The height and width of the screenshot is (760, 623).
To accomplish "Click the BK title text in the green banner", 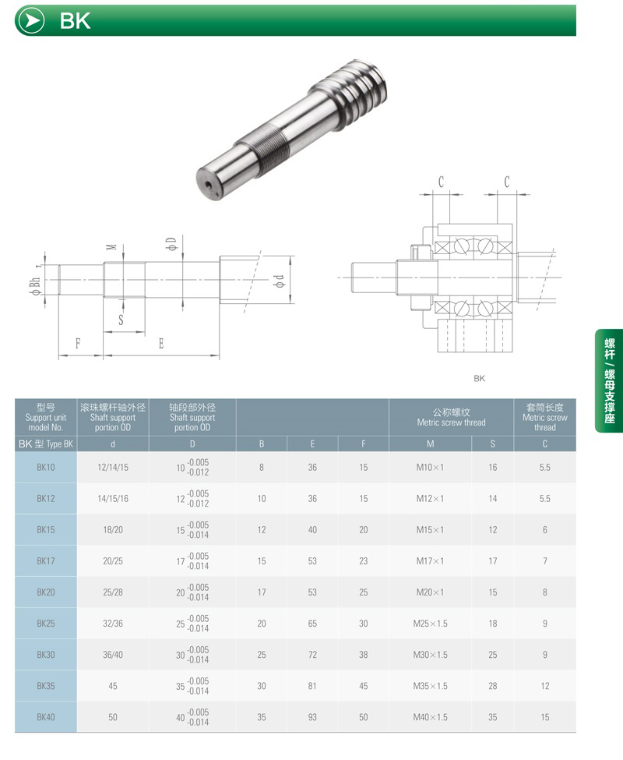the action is (x=75, y=21).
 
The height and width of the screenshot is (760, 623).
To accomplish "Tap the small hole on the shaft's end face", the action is (x=209, y=185).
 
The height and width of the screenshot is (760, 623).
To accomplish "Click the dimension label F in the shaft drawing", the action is (x=78, y=344).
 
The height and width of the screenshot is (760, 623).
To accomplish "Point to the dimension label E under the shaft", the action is (x=161, y=344).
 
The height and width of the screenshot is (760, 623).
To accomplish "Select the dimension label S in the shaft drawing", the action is (x=121, y=320).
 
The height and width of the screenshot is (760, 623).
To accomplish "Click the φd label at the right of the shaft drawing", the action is (x=280, y=281).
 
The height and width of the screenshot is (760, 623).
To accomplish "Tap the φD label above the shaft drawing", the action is (x=171, y=243).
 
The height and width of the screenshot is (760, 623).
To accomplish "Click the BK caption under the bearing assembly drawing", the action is (x=479, y=379).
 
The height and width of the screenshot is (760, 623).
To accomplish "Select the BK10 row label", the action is (x=46, y=467).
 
